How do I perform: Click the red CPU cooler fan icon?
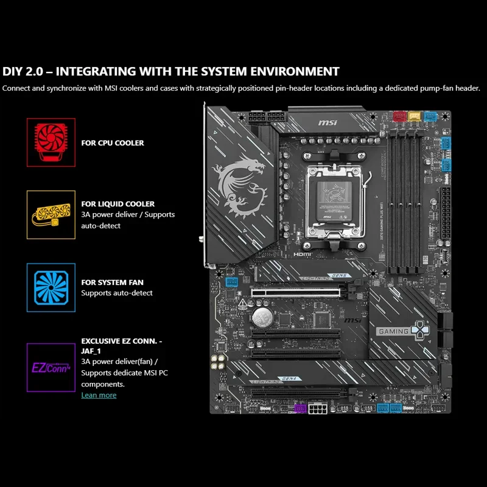(x=51, y=142)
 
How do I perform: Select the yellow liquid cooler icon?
(x=51, y=214)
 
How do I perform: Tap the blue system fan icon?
(x=51, y=287)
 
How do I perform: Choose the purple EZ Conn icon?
(x=51, y=367)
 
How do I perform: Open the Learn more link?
(x=99, y=395)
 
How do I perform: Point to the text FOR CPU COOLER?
(x=113, y=143)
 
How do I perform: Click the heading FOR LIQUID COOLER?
(x=118, y=204)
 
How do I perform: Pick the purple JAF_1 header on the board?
(x=299, y=407)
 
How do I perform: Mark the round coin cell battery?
(x=262, y=315)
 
